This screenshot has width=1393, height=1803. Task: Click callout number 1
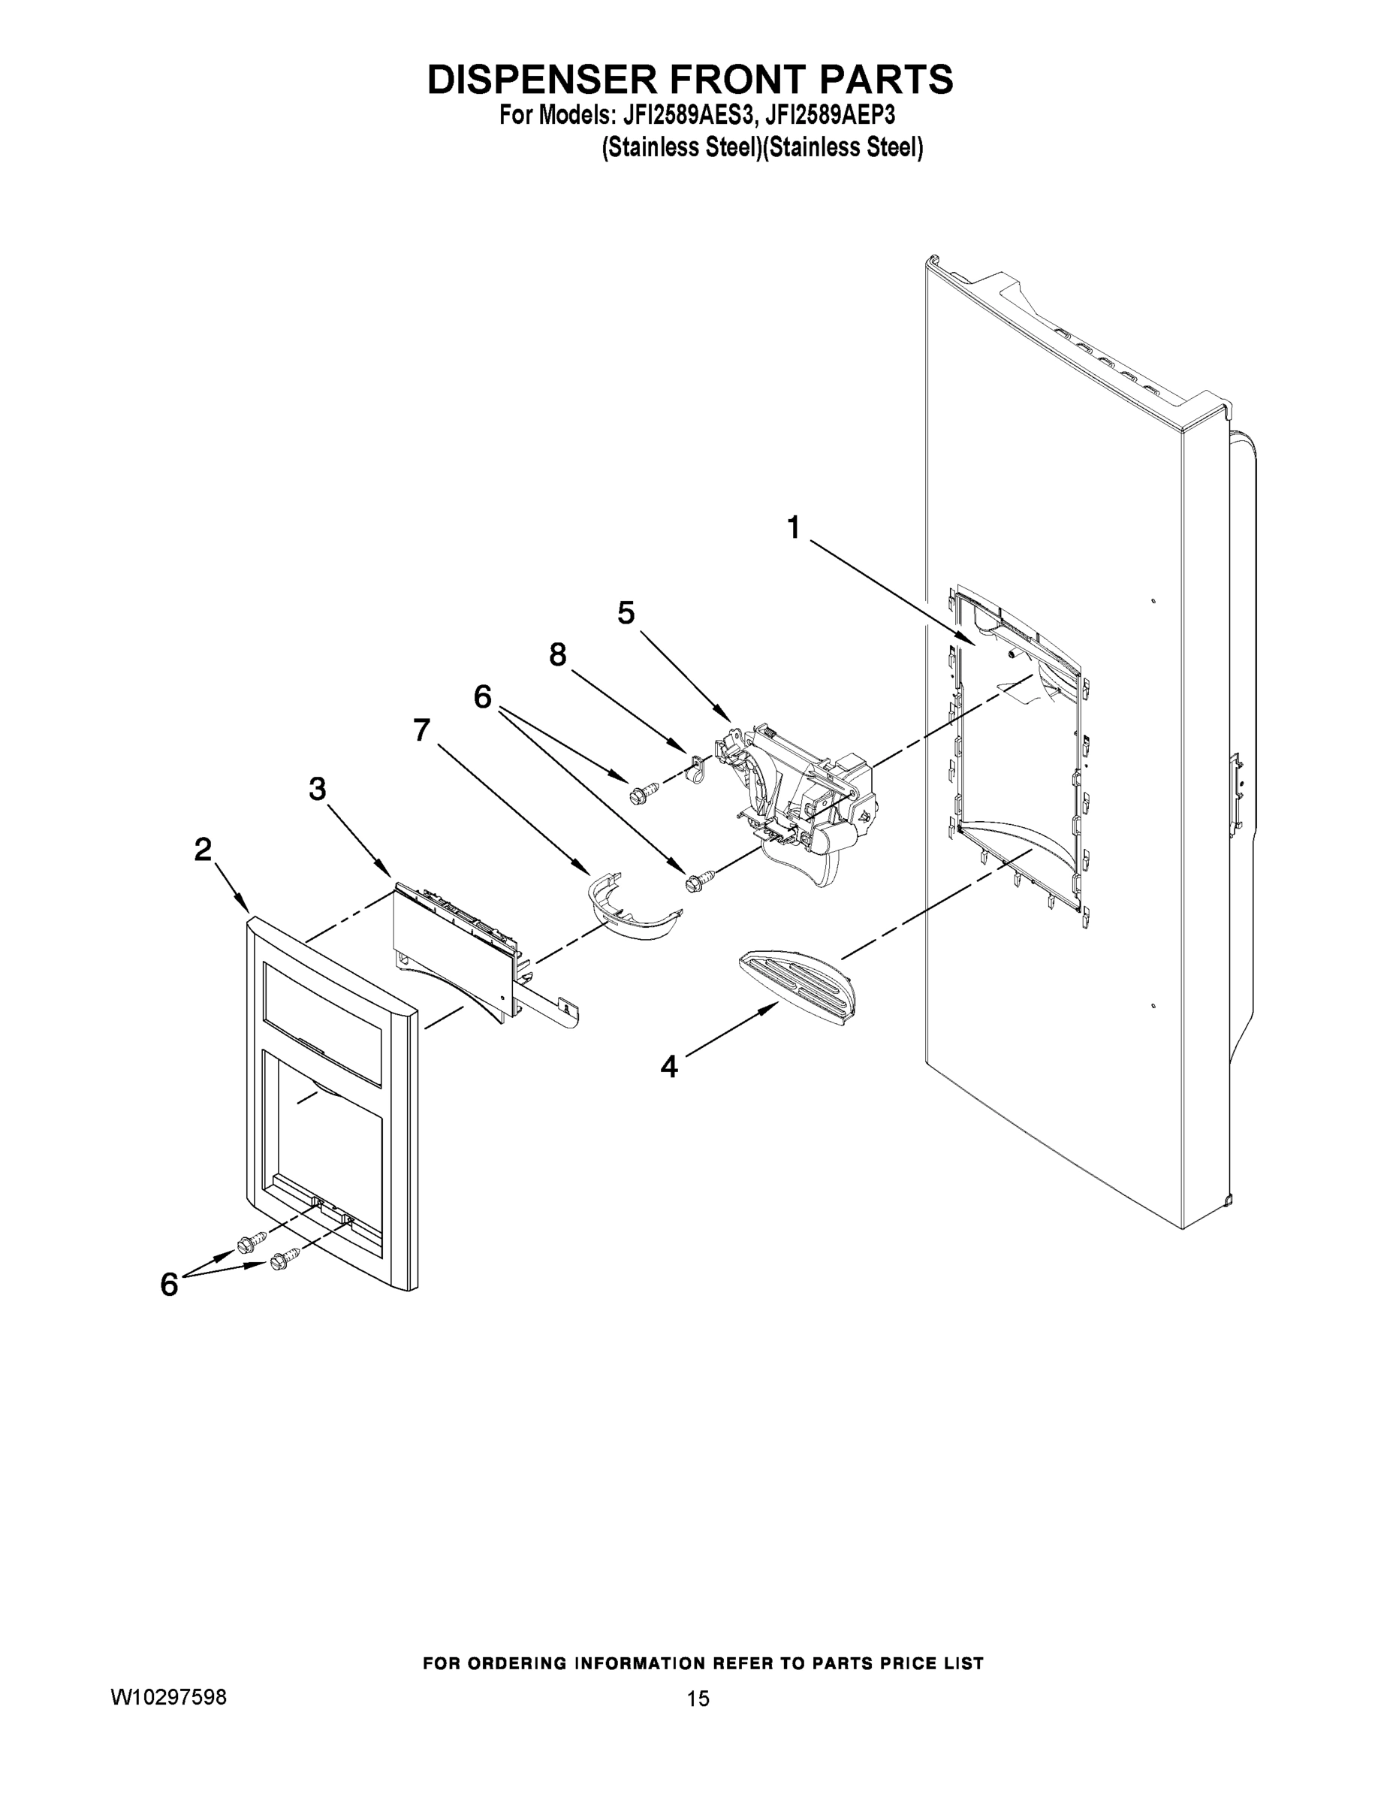tap(793, 527)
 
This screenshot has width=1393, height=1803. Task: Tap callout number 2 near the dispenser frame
tap(203, 850)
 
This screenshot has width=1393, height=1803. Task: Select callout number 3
tap(318, 790)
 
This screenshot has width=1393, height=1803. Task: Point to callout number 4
tap(668, 1068)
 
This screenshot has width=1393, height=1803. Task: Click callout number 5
tap(626, 612)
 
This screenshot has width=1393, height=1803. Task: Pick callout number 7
tap(422, 729)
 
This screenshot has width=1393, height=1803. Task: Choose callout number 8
tap(558, 654)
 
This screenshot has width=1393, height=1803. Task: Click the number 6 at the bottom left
tap(169, 1284)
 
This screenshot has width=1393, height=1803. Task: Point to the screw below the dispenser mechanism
tap(695, 880)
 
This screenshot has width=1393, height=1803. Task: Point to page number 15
tap(698, 1698)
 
